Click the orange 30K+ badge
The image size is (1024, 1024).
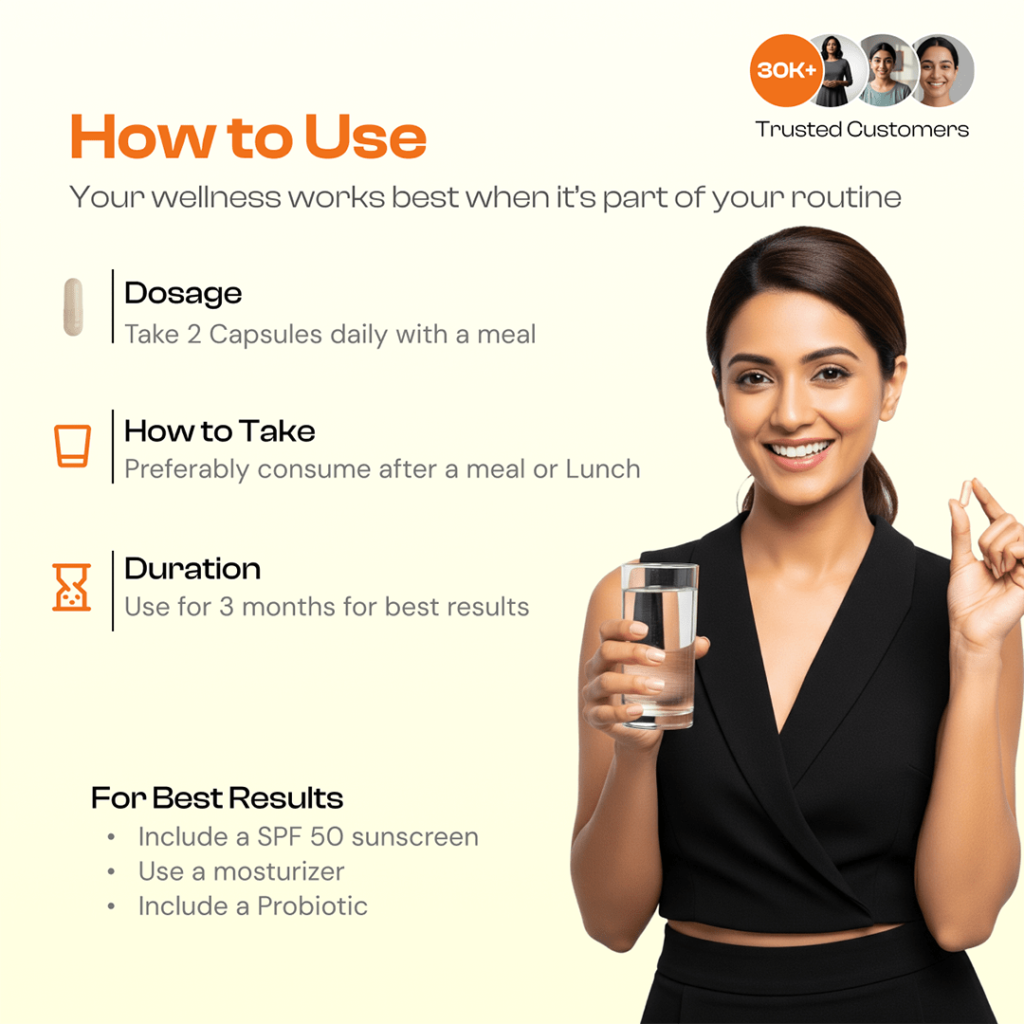[x=786, y=70]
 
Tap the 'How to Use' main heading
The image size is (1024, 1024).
[x=248, y=137]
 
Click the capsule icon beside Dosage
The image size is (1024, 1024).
[x=73, y=307]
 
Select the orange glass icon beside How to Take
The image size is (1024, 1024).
[x=72, y=446]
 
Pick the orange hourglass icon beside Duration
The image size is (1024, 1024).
[x=72, y=587]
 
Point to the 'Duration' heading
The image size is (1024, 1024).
[x=192, y=569]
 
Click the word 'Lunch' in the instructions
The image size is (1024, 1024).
[x=603, y=469]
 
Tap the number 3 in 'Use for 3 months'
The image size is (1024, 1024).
[x=227, y=607]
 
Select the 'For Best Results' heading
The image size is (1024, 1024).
[x=217, y=798]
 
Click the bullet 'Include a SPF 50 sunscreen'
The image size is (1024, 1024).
[x=308, y=836]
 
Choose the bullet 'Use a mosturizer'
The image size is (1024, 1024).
[x=241, y=871]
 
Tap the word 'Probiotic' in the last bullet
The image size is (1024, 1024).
[x=312, y=905]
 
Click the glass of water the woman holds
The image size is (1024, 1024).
[x=659, y=646]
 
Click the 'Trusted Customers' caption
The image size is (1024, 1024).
[x=862, y=129]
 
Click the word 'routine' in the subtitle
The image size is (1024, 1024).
[x=846, y=197]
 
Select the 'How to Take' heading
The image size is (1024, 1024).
[x=219, y=431]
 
